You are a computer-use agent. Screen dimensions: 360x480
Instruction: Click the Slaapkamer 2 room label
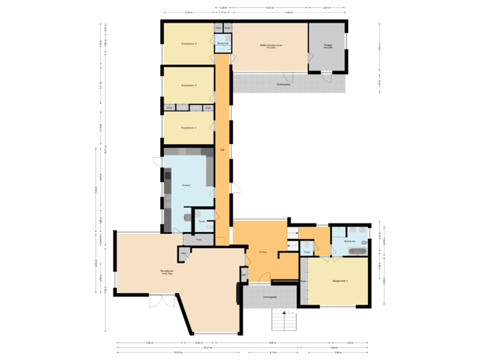point(189,44)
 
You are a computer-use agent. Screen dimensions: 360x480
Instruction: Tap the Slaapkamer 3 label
point(189,85)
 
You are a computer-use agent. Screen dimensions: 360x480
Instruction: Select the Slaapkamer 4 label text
point(189,127)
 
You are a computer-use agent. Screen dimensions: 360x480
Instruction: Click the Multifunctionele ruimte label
point(272,46)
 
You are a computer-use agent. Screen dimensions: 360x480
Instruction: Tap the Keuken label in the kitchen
point(187,186)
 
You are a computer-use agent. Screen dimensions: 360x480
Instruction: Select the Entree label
point(263,252)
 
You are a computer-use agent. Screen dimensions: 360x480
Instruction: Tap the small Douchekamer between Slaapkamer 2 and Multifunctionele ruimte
point(222,43)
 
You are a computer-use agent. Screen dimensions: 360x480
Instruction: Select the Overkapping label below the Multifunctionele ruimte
point(283,85)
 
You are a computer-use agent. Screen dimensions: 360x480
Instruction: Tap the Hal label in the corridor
point(221,149)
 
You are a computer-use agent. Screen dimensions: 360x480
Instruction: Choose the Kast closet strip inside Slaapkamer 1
point(303,281)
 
